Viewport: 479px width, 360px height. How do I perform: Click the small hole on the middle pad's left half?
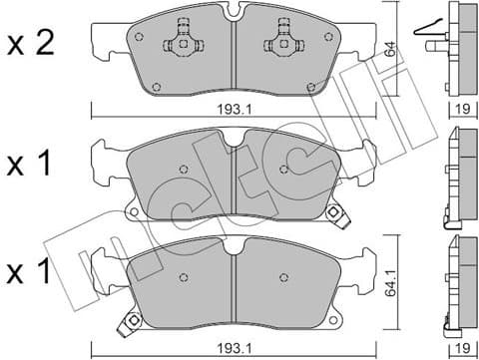tap(182, 168)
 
